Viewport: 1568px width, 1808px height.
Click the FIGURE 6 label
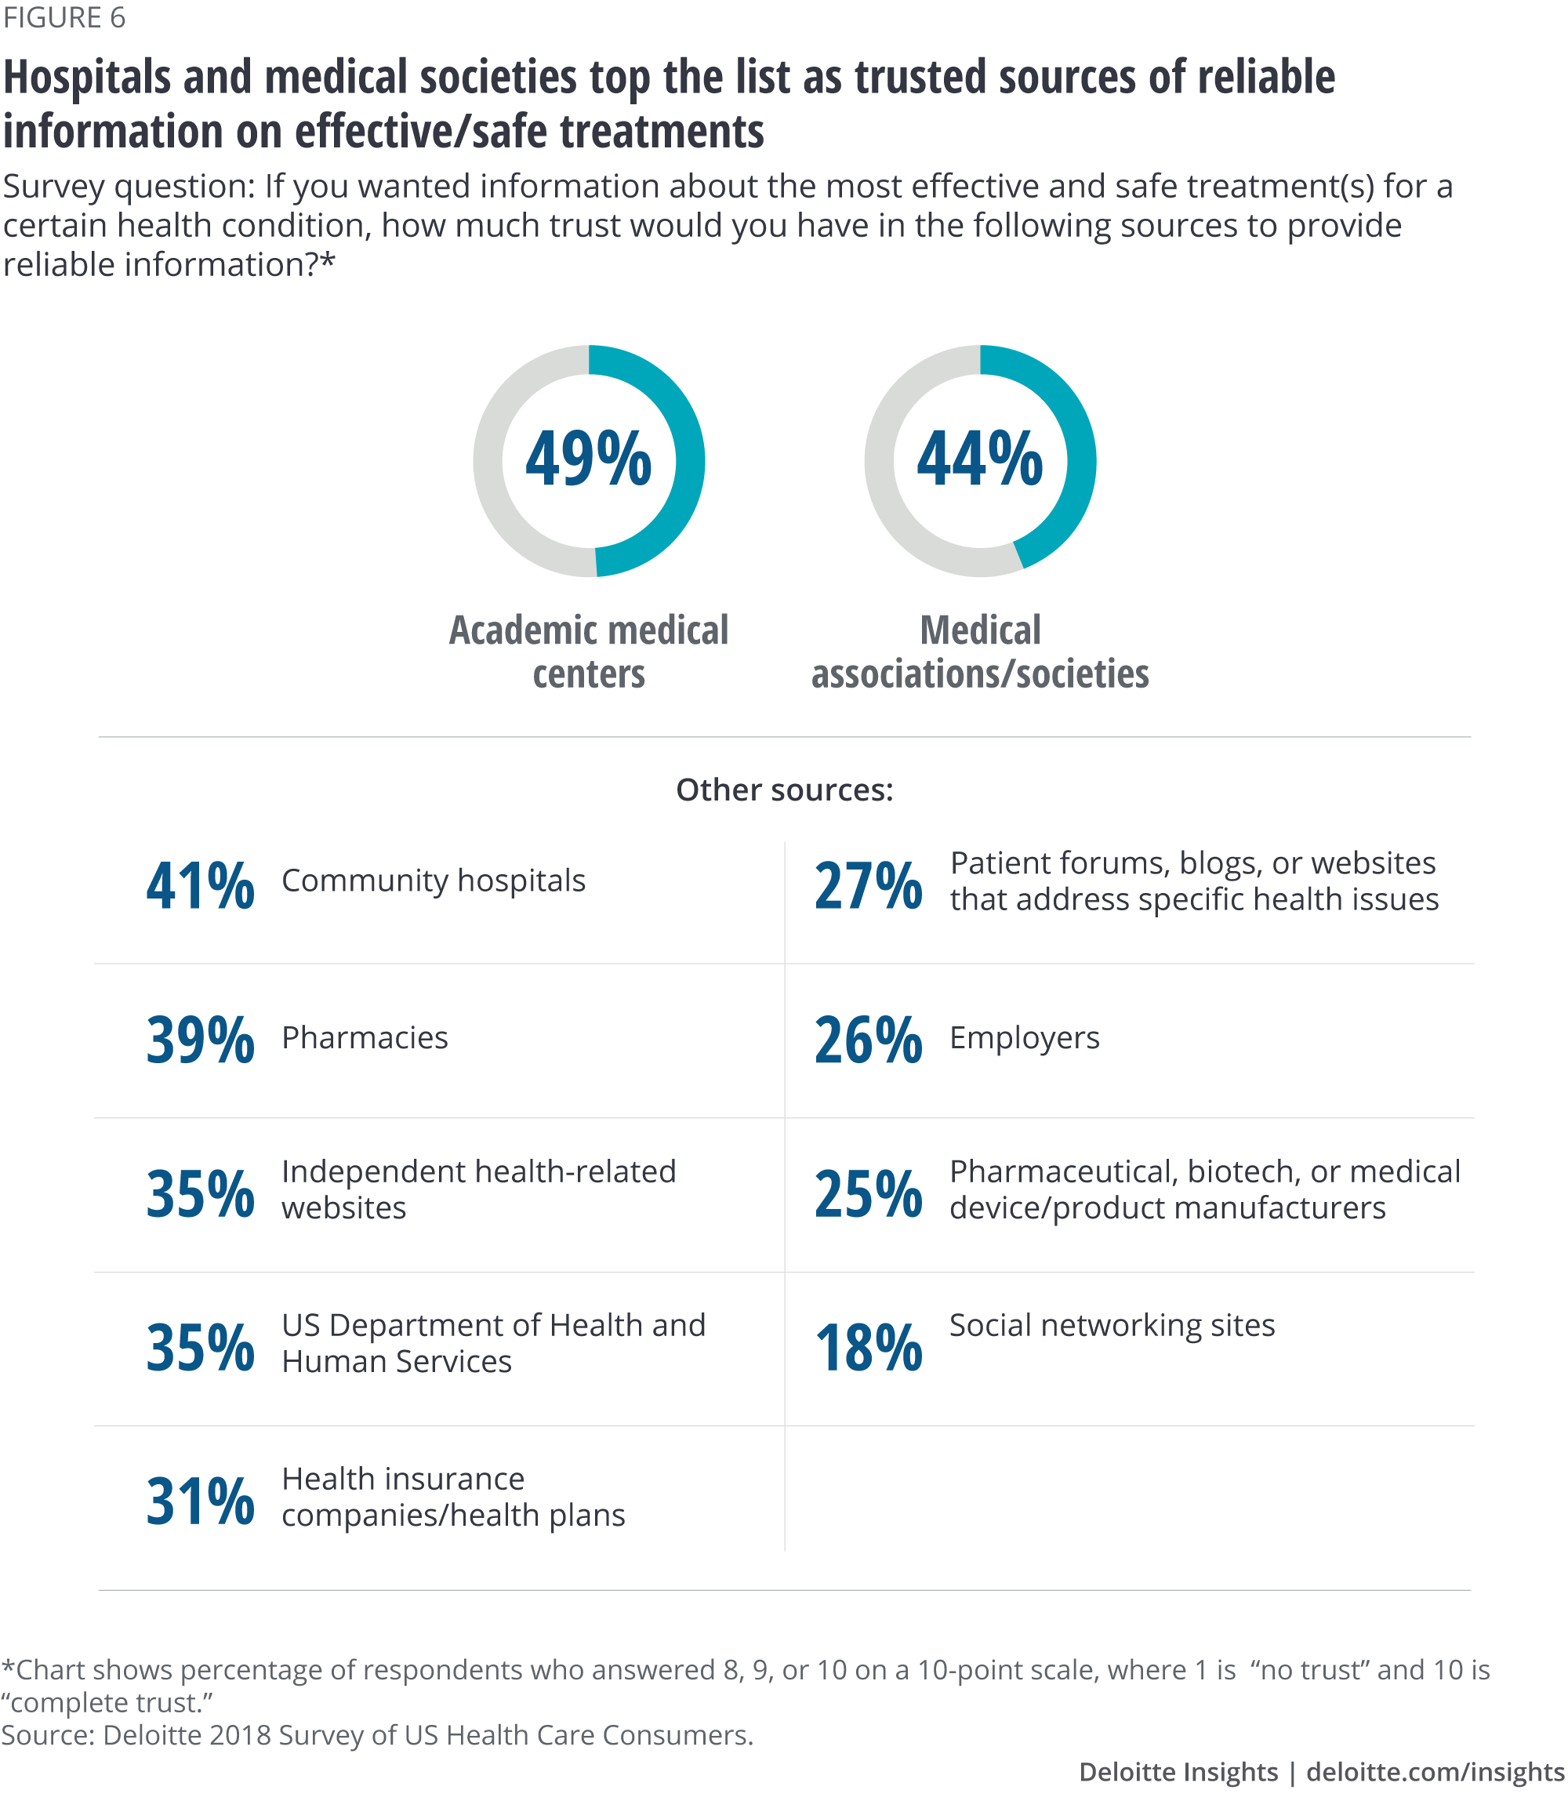click(x=64, y=17)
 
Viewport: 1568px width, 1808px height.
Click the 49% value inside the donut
click(x=588, y=459)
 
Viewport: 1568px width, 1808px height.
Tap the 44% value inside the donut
click(x=979, y=459)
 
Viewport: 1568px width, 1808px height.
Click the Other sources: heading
click(x=784, y=790)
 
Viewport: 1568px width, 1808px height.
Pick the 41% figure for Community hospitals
click(x=201, y=886)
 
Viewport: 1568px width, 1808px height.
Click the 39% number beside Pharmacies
click(x=201, y=1040)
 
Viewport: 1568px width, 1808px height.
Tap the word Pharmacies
click(x=364, y=1038)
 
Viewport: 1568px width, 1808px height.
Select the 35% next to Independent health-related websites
click(x=201, y=1195)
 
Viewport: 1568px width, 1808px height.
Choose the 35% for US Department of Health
click(x=201, y=1348)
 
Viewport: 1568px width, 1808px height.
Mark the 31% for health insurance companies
click(x=201, y=1501)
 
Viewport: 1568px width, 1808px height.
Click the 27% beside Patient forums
click(x=868, y=886)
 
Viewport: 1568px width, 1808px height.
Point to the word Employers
click(x=1024, y=1038)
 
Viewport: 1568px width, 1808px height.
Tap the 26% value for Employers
click(x=868, y=1040)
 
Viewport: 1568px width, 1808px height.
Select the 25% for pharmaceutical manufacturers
click(x=868, y=1195)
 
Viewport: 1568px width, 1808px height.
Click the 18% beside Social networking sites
click(x=868, y=1348)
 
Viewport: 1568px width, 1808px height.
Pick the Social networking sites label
click(x=1111, y=1326)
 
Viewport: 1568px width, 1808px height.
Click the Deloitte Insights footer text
click(x=1178, y=1772)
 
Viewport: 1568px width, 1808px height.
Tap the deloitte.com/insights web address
click(x=1434, y=1772)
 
